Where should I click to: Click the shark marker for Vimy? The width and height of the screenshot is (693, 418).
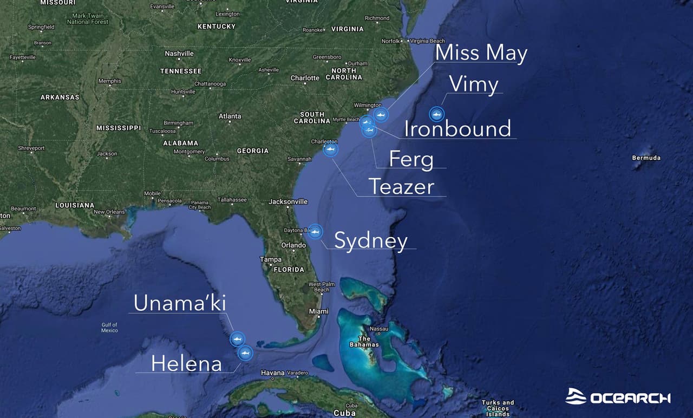coord(436,114)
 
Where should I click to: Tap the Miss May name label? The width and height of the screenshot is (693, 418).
coord(481,53)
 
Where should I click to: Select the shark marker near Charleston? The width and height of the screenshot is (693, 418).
coord(330,149)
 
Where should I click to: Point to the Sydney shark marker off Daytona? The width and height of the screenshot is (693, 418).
coord(315,232)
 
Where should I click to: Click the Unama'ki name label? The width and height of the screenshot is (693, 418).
coord(180,303)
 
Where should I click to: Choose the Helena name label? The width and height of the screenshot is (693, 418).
coord(186,363)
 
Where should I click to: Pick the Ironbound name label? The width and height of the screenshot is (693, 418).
coord(457,129)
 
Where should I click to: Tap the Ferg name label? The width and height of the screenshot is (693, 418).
coord(411,159)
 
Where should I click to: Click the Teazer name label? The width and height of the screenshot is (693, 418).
coord(402,187)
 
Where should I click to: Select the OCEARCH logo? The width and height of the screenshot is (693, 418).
coord(618,397)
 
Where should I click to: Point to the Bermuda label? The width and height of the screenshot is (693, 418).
coord(646,158)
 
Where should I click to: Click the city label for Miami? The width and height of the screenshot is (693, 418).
coord(319,311)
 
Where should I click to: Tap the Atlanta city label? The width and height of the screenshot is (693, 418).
coord(230,116)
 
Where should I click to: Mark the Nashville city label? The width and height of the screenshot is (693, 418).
coord(179,54)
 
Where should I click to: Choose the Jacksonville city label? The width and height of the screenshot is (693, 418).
coord(288,202)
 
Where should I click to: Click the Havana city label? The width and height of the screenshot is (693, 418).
coord(273,373)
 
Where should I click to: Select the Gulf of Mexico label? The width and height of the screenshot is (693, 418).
coord(109,328)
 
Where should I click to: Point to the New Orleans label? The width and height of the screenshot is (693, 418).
coord(109,212)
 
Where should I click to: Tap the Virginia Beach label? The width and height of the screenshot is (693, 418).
coord(427,41)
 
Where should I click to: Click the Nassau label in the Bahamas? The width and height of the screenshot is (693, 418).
coord(379,329)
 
